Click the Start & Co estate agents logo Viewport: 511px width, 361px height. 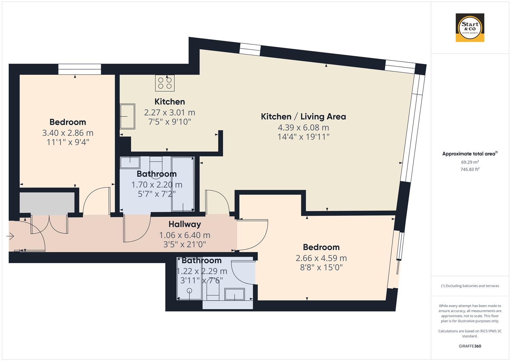click(470, 27)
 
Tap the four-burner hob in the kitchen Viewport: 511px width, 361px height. click(165, 83)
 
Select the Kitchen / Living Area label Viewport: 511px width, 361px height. click(303, 117)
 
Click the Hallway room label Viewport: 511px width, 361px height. click(185, 224)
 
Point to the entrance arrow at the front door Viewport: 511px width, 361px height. click(10, 237)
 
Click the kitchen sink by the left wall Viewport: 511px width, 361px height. click(127, 116)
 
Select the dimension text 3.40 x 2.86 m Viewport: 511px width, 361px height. click(68, 133)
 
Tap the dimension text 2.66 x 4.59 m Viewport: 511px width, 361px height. click(321, 258)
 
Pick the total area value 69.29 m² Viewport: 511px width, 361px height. click(470, 162)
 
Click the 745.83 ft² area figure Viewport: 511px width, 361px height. click(470, 169)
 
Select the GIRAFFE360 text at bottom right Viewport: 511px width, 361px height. click(470, 346)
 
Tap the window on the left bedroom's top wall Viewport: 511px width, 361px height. click(79, 69)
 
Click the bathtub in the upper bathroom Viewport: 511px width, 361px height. click(183, 184)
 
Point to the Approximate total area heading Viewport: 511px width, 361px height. click(470, 154)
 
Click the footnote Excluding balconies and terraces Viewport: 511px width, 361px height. click(470, 286)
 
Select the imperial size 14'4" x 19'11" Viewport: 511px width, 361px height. click(303, 137)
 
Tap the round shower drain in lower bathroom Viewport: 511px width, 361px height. click(189, 290)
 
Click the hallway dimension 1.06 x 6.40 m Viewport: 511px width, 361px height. click(185, 235)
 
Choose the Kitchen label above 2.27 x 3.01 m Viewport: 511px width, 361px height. click(169, 102)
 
